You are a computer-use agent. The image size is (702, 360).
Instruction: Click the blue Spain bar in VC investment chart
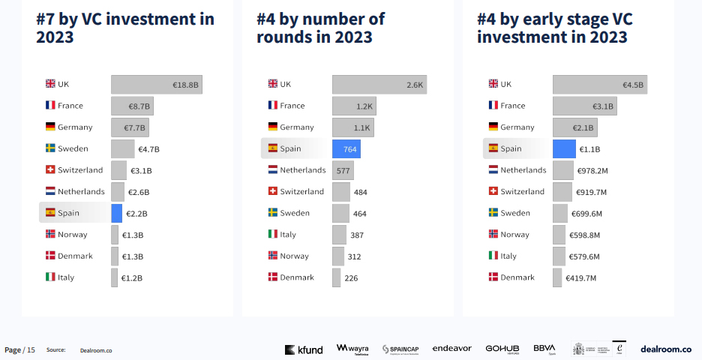(116, 213)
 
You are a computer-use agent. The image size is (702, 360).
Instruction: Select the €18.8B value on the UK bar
(185, 85)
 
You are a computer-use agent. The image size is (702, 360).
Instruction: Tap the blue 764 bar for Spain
(346, 149)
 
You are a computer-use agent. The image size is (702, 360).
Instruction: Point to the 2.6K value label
(415, 85)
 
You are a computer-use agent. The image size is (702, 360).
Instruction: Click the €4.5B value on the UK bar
(633, 85)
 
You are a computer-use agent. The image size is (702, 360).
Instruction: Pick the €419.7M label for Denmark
(580, 278)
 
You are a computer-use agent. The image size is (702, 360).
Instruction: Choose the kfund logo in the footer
(304, 349)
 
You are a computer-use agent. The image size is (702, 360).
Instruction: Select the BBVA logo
(544, 349)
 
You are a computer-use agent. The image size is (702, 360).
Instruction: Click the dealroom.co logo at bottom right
(666, 349)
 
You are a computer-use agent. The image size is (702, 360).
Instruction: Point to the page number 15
(31, 349)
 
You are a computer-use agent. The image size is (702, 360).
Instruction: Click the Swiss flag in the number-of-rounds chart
(273, 192)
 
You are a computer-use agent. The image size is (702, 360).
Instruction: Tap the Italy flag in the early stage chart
(493, 256)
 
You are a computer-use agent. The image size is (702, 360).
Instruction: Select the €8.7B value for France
(139, 106)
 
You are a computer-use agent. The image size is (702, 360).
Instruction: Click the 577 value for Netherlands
(343, 171)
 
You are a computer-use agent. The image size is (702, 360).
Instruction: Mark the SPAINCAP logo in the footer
(405, 349)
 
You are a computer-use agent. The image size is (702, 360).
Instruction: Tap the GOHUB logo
(502, 349)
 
